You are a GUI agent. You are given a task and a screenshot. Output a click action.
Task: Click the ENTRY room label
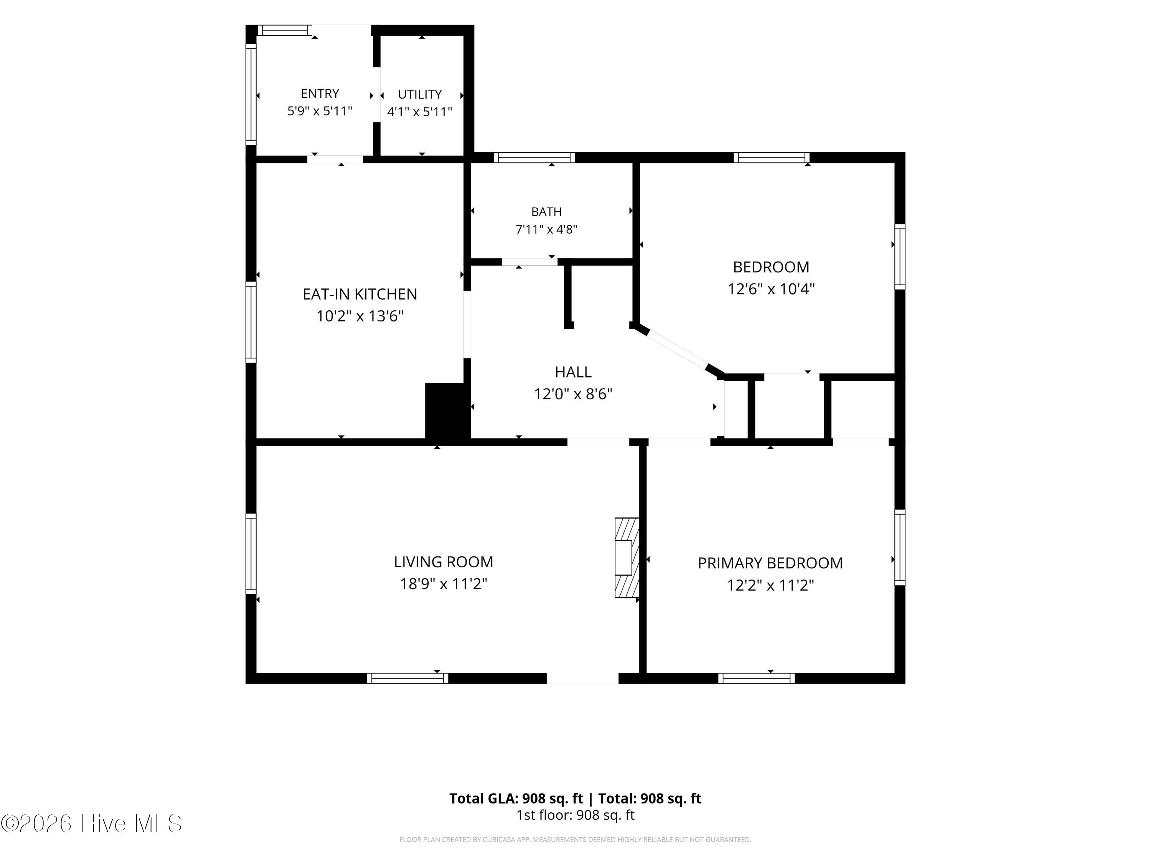320,94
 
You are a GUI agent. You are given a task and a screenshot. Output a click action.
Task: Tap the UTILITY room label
419,94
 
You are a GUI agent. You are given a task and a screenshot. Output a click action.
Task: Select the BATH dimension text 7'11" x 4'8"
546,229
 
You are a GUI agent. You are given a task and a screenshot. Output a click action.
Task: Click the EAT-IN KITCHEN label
360,295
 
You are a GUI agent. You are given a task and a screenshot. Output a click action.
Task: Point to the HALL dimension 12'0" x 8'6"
573,394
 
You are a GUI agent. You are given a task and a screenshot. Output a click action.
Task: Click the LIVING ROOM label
444,562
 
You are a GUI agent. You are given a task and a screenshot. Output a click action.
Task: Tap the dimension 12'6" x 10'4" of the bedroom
771,289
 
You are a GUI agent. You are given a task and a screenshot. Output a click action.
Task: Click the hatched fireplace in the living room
627,558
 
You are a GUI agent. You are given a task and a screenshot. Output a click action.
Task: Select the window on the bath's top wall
534,158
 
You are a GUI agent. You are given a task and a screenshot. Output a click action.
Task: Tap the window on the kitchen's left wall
251,322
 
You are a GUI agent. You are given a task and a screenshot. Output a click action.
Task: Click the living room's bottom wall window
407,679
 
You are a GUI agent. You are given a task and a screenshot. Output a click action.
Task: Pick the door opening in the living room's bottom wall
582,679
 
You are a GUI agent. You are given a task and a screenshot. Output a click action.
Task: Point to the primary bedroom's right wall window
900,547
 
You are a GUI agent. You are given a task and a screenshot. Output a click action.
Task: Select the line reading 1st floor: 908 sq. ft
575,815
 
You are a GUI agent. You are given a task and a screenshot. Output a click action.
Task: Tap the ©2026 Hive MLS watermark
92,823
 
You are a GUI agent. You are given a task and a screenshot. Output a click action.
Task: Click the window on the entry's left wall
251,94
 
